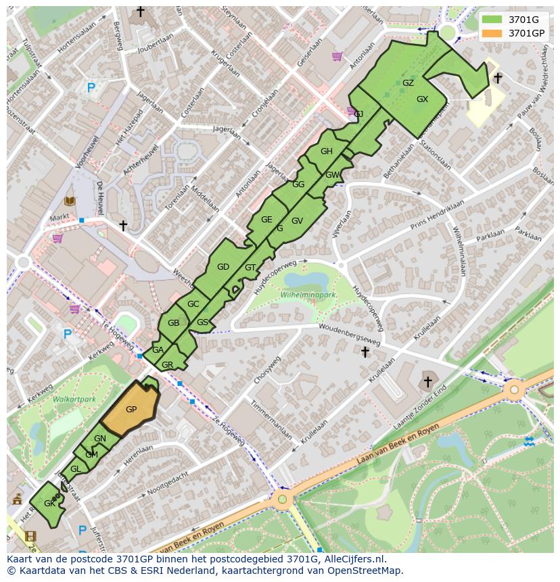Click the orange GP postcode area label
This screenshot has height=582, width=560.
coord(131,410)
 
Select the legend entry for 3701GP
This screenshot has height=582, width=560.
coord(526,33)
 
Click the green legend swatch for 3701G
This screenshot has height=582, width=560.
coord(492,19)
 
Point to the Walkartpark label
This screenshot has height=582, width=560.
coord(74,399)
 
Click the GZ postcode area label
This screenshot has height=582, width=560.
coord(408,83)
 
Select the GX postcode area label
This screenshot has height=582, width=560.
coord(422,99)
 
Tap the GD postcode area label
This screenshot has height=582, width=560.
coord(223,267)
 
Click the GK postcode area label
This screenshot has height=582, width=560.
coord(49,504)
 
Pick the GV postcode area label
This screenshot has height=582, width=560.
coord(297,221)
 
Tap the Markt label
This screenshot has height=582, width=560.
coord(60,218)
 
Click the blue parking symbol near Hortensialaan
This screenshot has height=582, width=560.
coord(91,87)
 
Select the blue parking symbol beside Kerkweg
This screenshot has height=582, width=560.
coord(67,334)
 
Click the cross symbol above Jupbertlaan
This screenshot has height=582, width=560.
coord(140,11)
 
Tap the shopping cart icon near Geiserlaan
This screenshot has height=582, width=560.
coord(336,56)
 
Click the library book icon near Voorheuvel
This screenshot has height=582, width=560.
coord(70,201)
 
